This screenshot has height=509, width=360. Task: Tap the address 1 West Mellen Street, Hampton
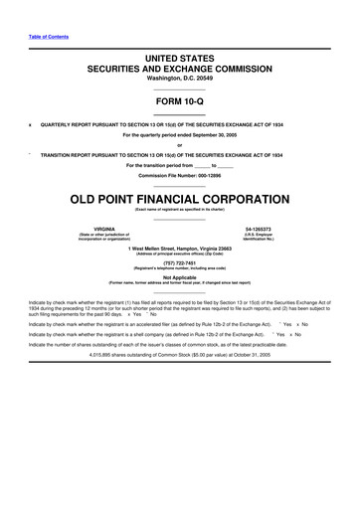(179, 249)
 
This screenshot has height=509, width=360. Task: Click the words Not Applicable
(179, 278)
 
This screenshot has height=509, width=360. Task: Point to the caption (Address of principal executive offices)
(179, 254)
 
